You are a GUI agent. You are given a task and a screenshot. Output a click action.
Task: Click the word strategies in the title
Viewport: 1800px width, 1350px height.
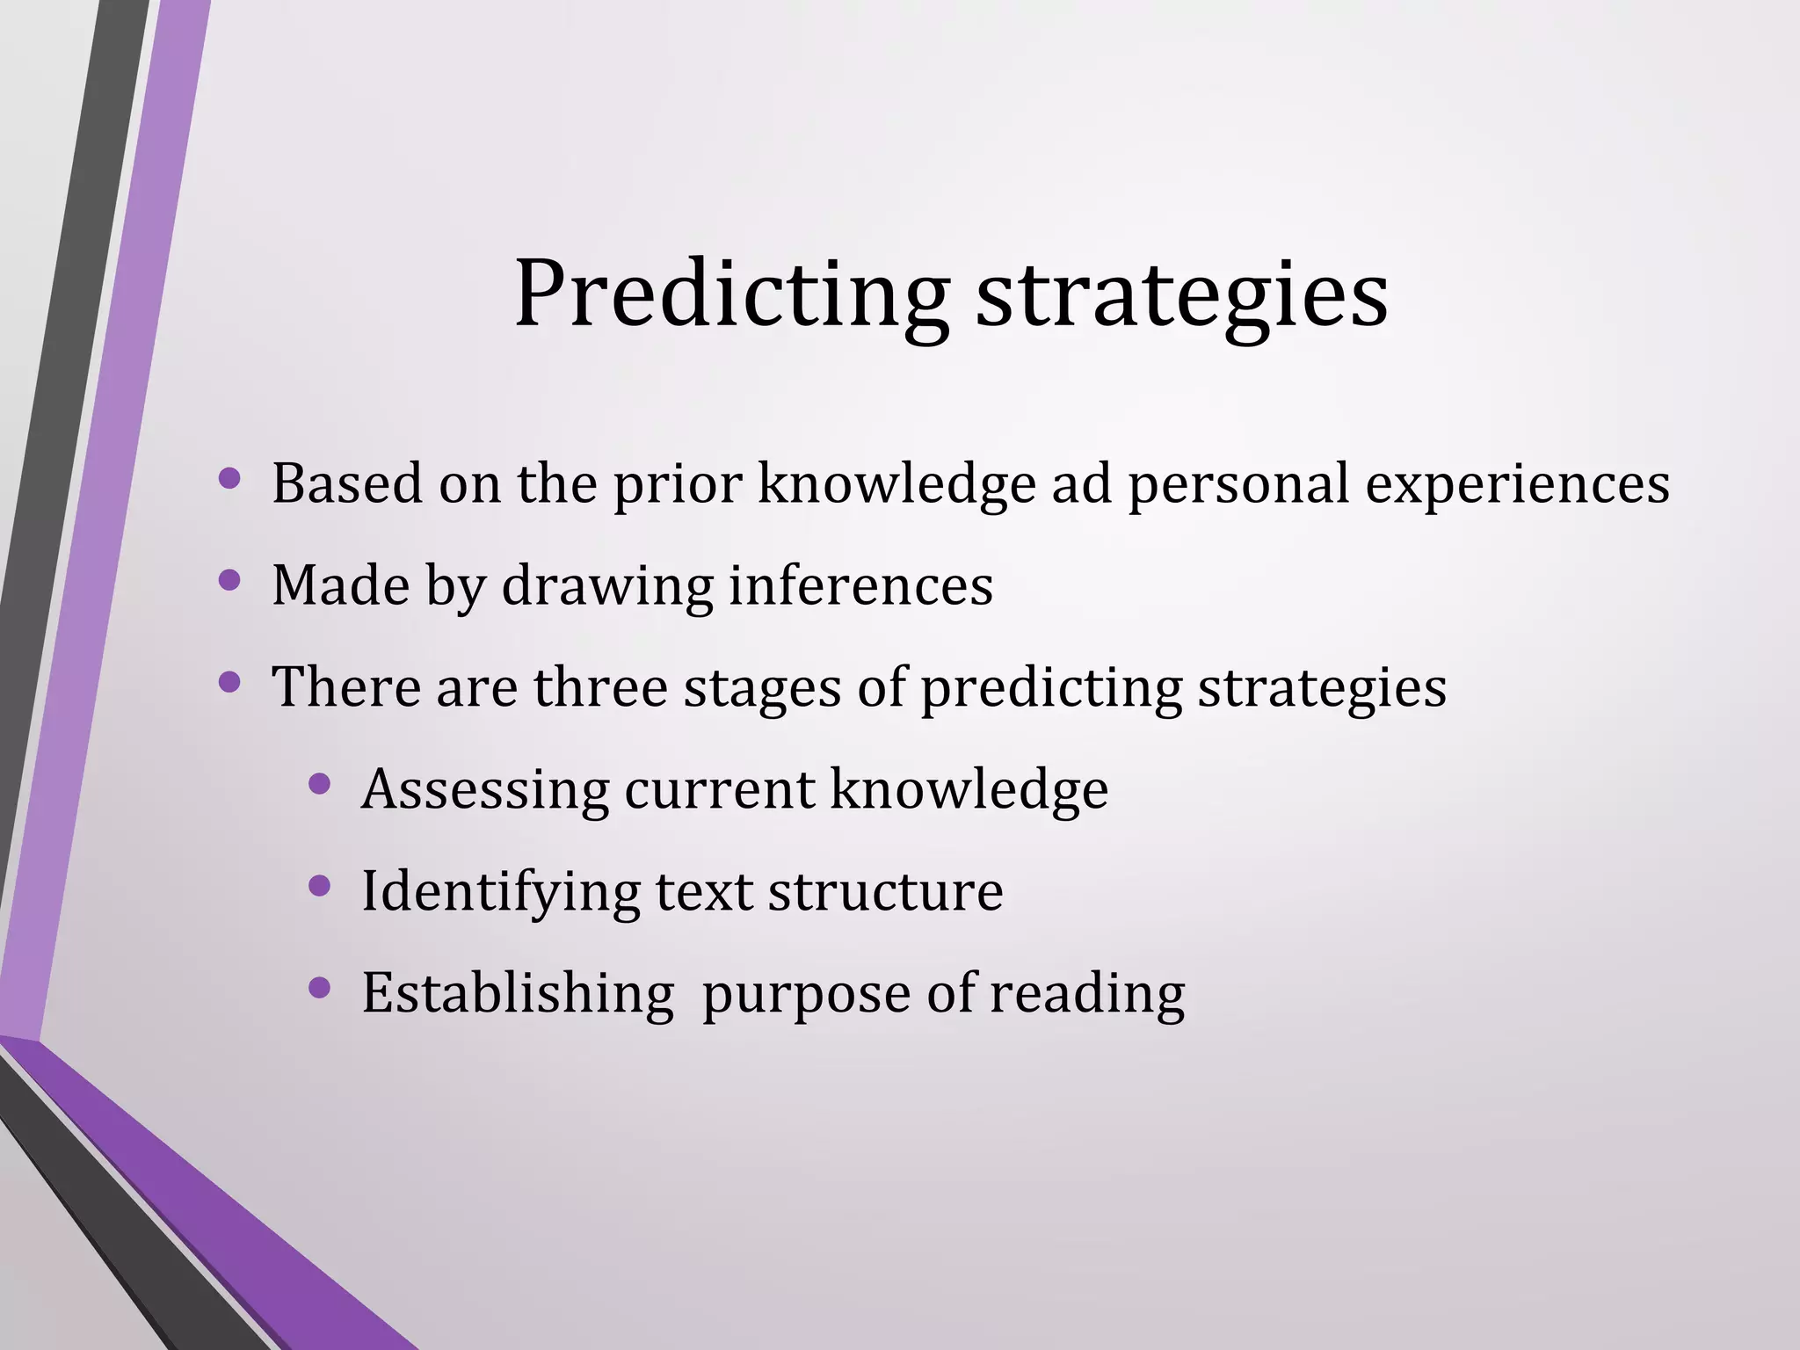pos(1181,294)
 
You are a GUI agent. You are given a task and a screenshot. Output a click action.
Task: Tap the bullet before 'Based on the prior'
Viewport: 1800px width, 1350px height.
pos(229,479)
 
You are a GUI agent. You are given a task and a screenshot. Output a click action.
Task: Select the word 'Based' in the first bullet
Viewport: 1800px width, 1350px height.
pos(347,483)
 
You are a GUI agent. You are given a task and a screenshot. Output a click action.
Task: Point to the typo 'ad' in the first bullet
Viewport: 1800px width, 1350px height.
pos(1082,483)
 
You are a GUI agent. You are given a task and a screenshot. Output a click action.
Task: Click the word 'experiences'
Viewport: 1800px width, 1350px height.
pos(1517,485)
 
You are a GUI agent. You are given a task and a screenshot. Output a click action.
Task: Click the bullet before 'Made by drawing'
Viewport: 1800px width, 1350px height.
pos(229,580)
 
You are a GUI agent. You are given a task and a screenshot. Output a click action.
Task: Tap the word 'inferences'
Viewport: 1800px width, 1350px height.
pos(861,585)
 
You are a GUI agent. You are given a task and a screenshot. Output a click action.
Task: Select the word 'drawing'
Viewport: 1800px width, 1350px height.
pos(607,587)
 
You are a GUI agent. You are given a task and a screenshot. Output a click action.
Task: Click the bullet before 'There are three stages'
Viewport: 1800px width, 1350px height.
pos(229,682)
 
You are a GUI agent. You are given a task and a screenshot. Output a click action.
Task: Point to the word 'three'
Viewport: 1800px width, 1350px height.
pos(600,687)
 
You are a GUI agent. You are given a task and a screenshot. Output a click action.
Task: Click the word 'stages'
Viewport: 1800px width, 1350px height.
pos(762,689)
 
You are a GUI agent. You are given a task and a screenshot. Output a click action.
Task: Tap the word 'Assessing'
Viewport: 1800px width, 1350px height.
pos(485,790)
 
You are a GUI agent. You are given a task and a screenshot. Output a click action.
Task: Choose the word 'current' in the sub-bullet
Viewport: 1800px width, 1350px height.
pos(720,790)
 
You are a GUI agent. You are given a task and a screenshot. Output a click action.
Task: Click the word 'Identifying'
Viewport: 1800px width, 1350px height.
pos(501,892)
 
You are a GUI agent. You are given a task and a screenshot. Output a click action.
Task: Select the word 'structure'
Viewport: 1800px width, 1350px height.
pos(885,892)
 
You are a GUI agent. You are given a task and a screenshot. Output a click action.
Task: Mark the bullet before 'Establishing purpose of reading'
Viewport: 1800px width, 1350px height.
pos(320,989)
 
